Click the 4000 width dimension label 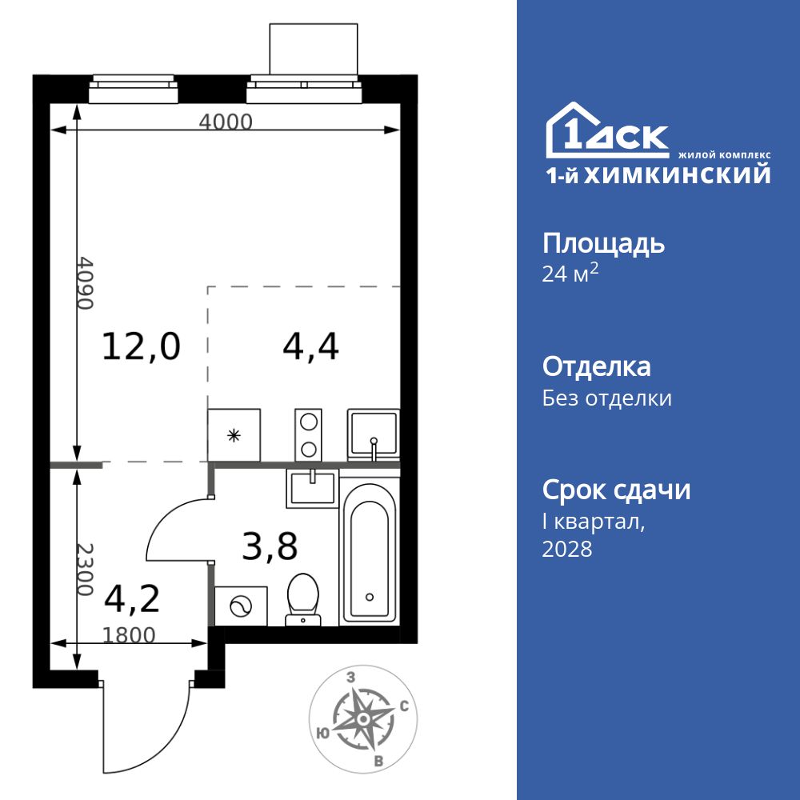tap(225, 122)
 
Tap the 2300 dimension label tap(86, 569)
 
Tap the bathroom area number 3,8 tap(270, 548)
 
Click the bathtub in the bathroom tap(369, 552)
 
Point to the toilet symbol tap(303, 597)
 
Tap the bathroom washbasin tap(313, 486)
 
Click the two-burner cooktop tap(308, 434)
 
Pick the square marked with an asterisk tap(234, 434)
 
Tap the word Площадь tap(603, 243)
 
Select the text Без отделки tap(606, 398)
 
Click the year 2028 tap(567, 549)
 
